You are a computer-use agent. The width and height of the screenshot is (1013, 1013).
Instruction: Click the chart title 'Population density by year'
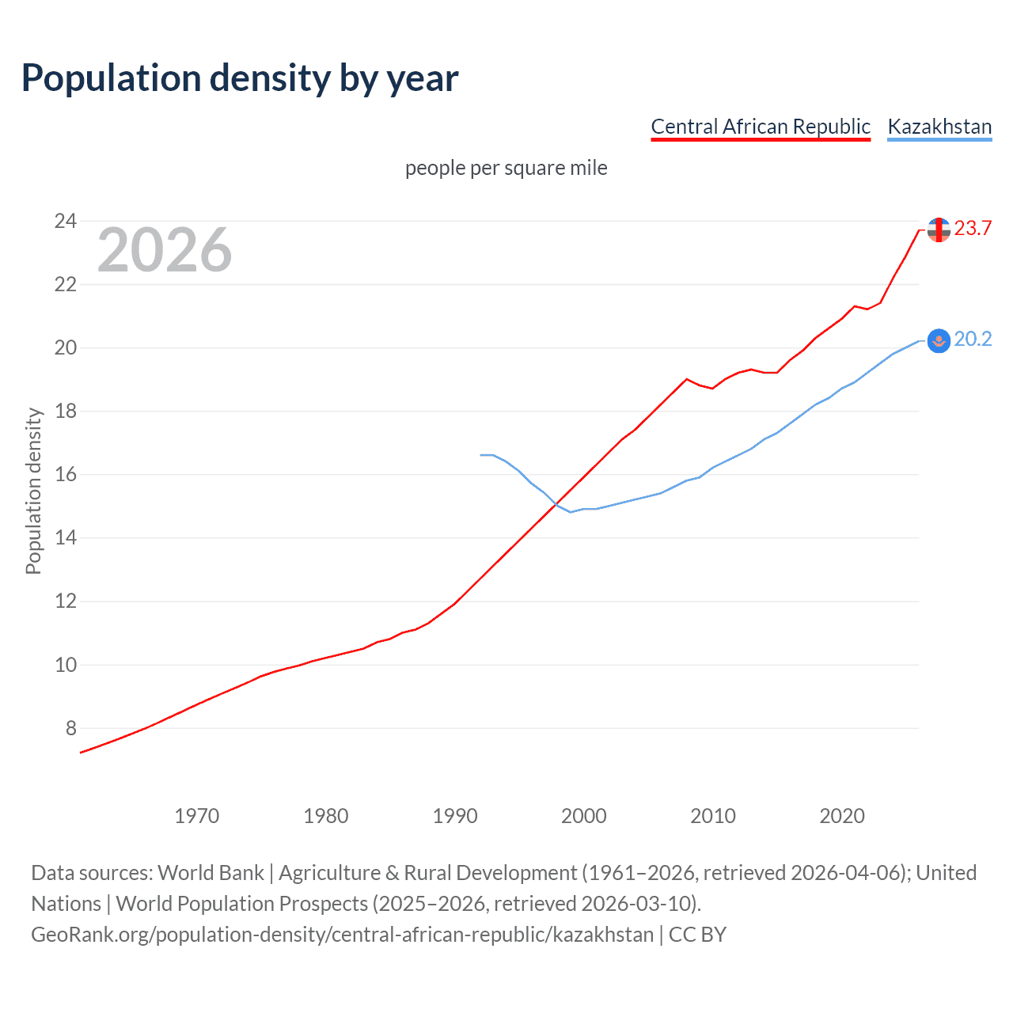coord(240,78)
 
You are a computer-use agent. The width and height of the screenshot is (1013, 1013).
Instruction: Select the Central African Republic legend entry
coord(760,127)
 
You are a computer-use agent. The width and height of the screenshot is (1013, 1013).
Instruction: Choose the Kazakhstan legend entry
coord(939,127)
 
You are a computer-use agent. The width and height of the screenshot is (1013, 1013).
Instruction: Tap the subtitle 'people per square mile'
coord(506,168)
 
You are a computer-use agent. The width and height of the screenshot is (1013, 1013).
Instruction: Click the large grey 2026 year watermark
coord(165,250)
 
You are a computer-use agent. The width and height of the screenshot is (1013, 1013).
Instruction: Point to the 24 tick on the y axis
coord(65,221)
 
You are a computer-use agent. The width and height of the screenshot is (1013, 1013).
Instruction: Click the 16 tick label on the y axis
coord(65,474)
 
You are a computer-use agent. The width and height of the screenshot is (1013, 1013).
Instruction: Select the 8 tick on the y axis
coord(70,728)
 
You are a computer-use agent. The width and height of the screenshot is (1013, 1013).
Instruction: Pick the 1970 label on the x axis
coord(196,816)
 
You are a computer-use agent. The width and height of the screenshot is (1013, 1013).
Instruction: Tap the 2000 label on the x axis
coord(583,816)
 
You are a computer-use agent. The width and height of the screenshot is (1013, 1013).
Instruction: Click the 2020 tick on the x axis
coord(841,816)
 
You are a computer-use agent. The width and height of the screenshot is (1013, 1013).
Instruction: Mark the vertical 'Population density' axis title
coord(33,491)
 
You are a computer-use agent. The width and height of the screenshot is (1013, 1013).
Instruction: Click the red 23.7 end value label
coord(973,229)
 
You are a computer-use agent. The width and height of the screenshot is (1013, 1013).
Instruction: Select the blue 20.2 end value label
coord(973,340)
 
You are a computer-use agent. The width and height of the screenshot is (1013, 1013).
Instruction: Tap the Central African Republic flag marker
coord(939,230)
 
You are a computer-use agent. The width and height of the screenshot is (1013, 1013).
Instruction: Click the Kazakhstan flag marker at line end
coord(939,340)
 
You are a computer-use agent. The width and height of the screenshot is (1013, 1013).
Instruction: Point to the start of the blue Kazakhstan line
coord(481,455)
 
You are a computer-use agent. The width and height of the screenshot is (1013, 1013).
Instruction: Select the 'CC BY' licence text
coord(697,935)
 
